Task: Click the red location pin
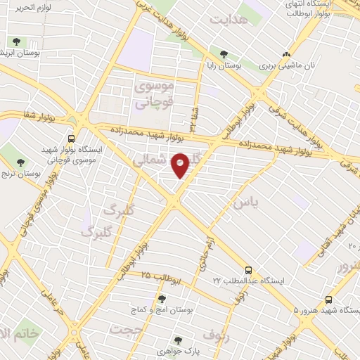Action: [180, 165]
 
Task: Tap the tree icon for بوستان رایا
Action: [224, 54]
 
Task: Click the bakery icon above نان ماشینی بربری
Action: [285, 54]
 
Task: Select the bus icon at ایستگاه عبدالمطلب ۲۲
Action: [248, 269]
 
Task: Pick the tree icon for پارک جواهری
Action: [179, 340]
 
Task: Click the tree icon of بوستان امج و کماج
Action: [162, 299]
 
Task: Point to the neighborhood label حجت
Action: [127, 330]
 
